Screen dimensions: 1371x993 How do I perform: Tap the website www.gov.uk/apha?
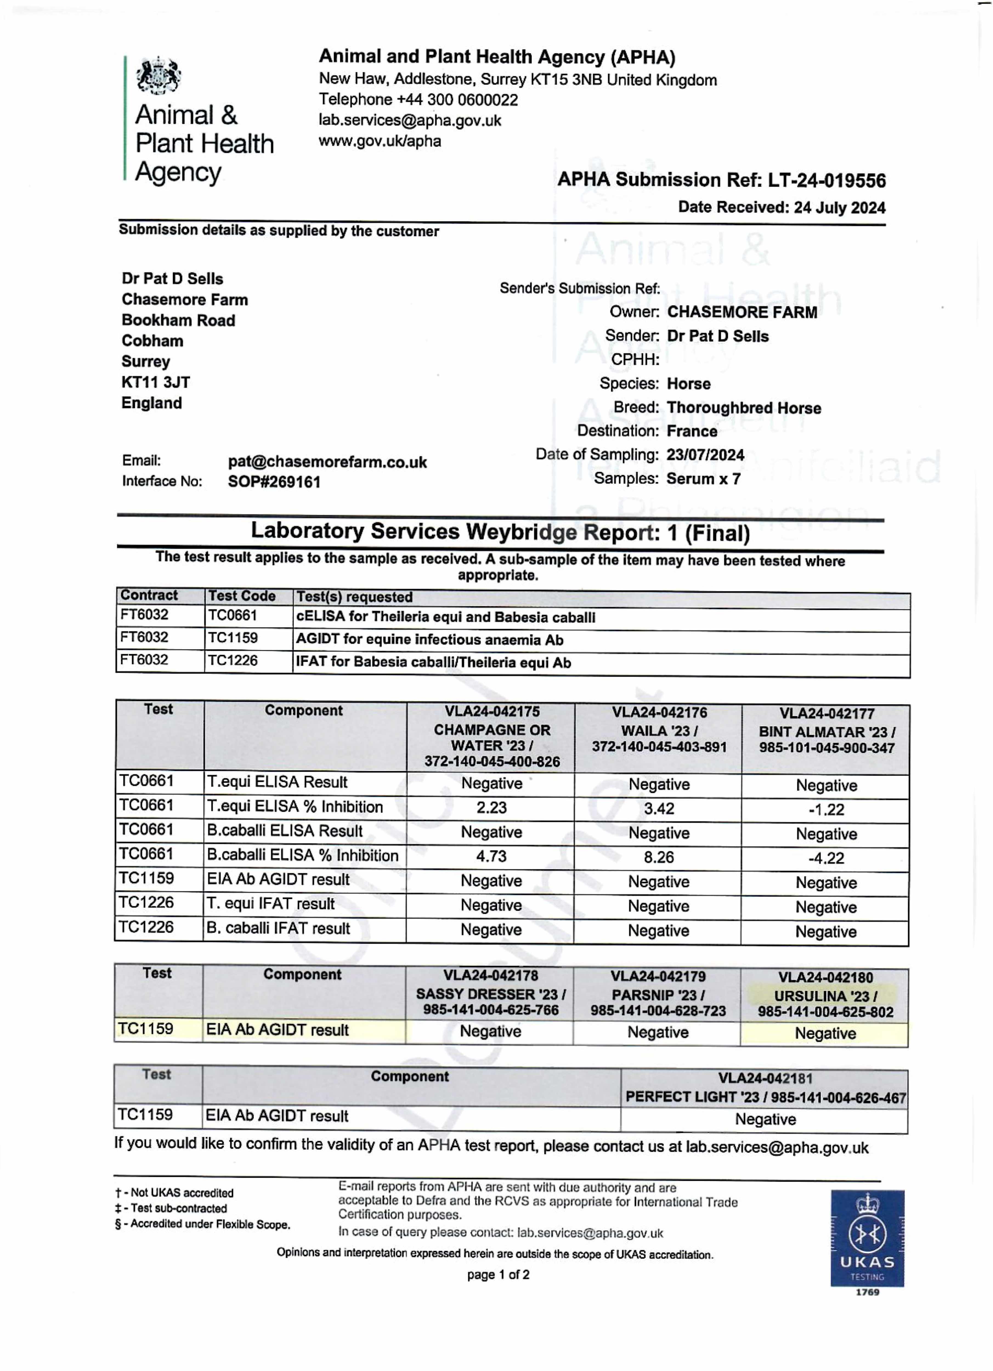pyautogui.click(x=380, y=141)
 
